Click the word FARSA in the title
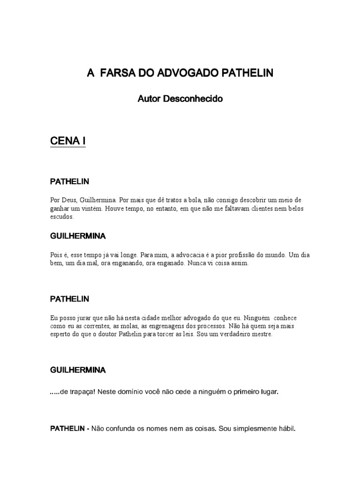point(115,74)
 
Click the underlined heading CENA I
point(67,141)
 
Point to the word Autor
point(148,99)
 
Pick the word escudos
point(61,217)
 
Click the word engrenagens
point(154,326)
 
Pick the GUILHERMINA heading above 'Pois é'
point(78,235)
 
